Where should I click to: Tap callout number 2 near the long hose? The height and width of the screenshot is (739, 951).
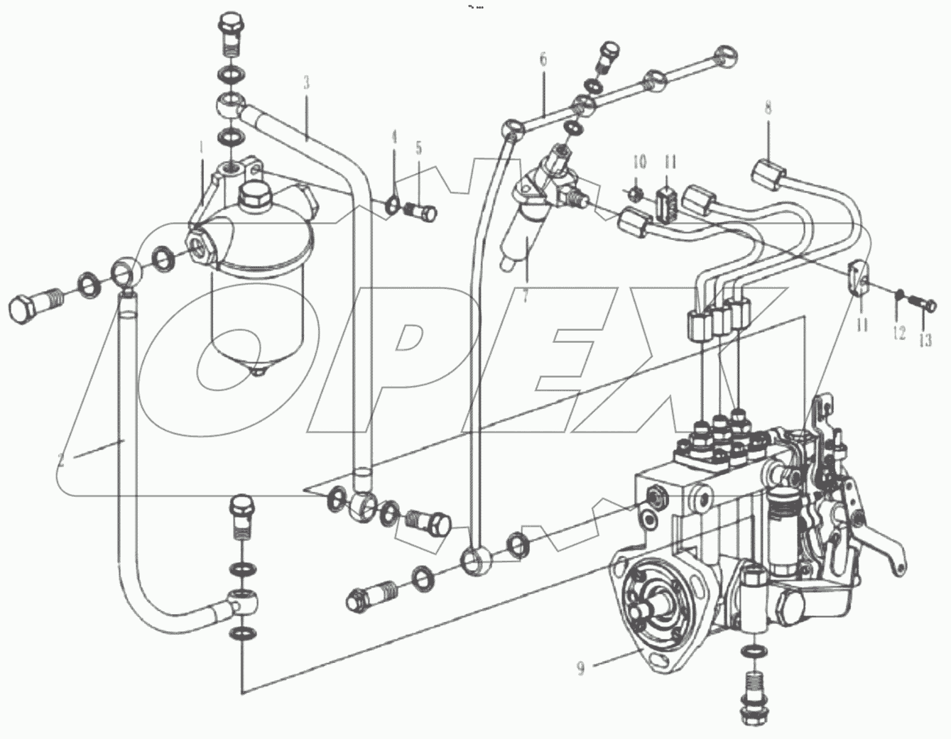[62, 459]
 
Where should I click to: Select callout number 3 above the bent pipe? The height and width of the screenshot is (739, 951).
[306, 82]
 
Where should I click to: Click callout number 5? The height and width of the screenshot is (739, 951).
[419, 148]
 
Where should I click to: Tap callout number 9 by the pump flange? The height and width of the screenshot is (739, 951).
[581, 668]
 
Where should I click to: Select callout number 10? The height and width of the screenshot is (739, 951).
[639, 162]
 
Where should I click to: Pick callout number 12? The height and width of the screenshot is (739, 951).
[899, 332]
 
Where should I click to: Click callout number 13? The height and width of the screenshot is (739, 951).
[924, 341]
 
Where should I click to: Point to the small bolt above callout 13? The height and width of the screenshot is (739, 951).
[925, 305]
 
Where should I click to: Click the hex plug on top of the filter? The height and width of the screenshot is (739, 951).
[256, 194]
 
